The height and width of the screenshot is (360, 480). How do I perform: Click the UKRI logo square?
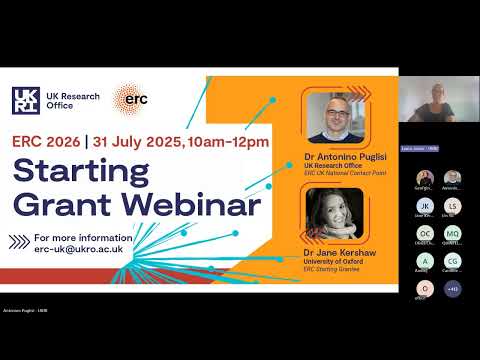(x=26, y=101)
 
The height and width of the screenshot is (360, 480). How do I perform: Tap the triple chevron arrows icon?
(x=20, y=242)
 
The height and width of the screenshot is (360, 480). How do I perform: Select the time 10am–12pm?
(x=233, y=142)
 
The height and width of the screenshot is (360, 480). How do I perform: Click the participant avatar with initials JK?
(x=424, y=206)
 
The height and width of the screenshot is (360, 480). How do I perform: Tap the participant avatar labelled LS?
(x=452, y=206)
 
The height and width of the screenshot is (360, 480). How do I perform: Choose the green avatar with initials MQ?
(x=452, y=234)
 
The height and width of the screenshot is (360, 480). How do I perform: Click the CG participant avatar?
(x=452, y=261)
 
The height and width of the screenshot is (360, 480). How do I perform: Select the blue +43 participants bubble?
(x=452, y=289)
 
